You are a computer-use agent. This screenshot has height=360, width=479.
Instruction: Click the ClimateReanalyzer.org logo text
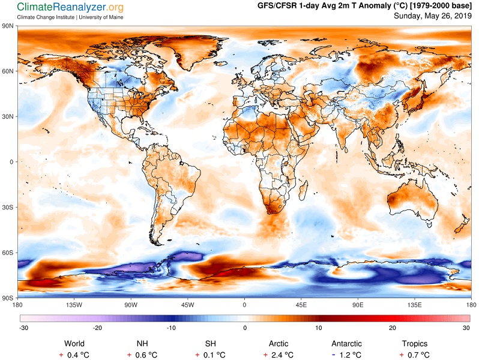point(70,7)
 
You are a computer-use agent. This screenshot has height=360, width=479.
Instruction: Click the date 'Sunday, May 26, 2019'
point(433,16)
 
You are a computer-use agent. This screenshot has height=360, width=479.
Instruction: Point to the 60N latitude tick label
point(8,71)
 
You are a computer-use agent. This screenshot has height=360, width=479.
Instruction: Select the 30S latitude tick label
point(8,208)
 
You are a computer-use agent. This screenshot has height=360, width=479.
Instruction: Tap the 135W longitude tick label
point(74,305)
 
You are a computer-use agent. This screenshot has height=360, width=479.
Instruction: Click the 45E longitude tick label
point(301,305)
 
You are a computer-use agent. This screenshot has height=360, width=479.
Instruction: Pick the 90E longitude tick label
point(358,305)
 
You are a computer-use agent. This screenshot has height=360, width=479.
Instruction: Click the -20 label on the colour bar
point(97,328)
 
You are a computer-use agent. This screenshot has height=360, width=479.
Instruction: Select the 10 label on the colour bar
point(319,328)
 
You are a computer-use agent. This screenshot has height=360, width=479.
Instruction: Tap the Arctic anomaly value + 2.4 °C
point(279,355)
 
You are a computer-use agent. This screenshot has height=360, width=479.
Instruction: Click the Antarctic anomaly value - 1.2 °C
point(346,355)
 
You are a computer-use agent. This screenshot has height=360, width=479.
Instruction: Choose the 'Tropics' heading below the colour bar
point(415,344)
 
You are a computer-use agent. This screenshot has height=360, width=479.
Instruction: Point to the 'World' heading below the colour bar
point(74,344)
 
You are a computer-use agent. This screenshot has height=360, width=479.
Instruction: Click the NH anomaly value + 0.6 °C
point(142,355)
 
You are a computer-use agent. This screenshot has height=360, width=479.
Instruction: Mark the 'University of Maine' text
point(101,17)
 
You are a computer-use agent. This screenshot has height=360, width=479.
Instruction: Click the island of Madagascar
point(303,190)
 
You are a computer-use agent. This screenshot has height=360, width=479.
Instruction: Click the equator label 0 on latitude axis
point(11,162)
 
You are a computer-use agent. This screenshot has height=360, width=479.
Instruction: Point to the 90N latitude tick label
point(8,26)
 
